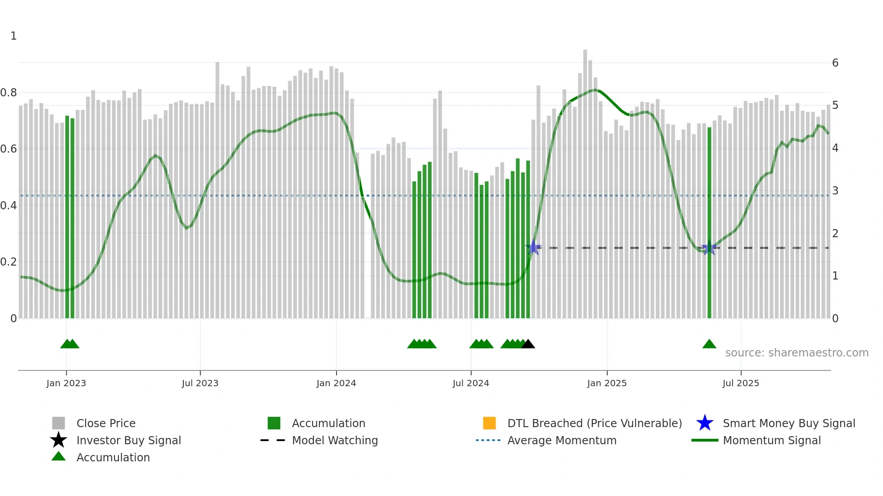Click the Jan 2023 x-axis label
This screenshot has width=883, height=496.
click(x=66, y=383)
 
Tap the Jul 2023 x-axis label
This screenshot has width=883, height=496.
click(x=200, y=383)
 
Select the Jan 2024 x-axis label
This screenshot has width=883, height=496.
click(x=336, y=383)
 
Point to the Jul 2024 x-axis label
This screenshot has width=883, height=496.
click(x=471, y=383)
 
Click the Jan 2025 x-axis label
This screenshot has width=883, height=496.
click(x=607, y=383)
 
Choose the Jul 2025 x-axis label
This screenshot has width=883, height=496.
click(x=741, y=383)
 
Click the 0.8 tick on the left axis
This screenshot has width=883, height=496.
click(x=9, y=93)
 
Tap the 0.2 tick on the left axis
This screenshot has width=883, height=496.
click(x=9, y=262)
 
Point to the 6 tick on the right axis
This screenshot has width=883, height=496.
click(x=835, y=63)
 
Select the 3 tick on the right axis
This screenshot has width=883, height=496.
click(x=835, y=191)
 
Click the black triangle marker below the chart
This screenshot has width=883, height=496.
click(x=528, y=344)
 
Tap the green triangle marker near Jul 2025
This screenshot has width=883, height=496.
click(x=709, y=344)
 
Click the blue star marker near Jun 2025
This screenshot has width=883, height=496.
click(x=709, y=248)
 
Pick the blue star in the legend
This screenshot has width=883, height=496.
click(x=705, y=423)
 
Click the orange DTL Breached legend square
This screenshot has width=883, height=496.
click(x=489, y=423)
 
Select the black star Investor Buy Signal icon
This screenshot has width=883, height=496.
click(x=59, y=440)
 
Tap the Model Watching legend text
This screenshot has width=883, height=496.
click(x=335, y=440)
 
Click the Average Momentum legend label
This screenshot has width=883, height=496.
click(x=562, y=440)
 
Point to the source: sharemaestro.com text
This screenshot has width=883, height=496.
click(x=797, y=353)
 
